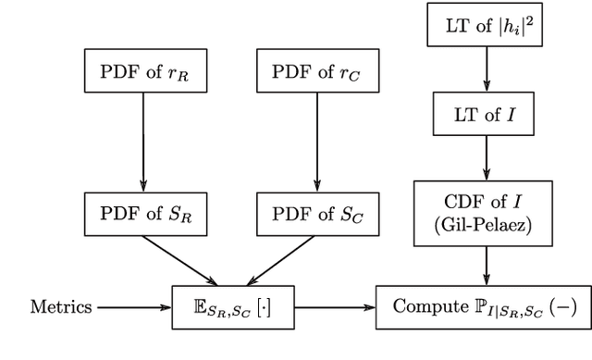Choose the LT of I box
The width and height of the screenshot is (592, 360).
tap(487, 118)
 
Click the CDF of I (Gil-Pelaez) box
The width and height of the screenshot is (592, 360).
tap(487, 212)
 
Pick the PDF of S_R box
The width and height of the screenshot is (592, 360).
tap(143, 214)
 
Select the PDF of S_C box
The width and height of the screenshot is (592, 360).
tap(316, 214)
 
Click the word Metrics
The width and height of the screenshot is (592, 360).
tap(62, 306)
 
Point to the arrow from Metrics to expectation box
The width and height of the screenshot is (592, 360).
tap(134, 306)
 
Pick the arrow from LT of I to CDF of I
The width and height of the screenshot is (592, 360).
tap(487, 159)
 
